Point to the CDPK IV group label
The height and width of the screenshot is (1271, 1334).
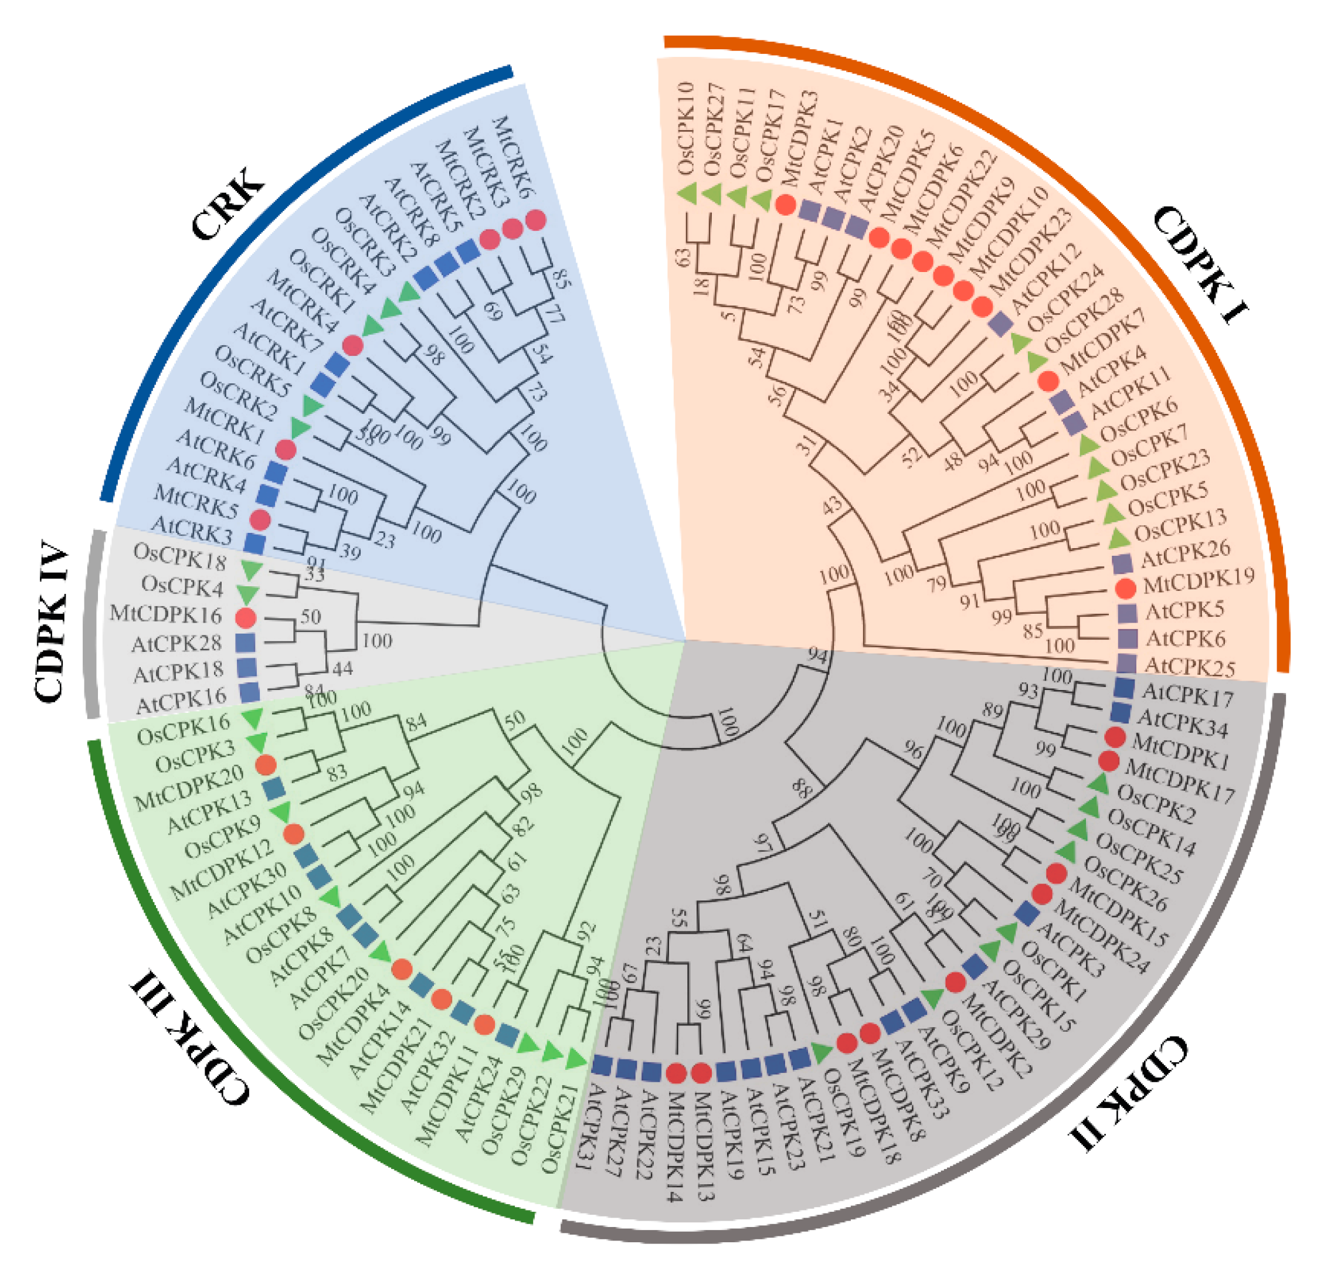coord(51,619)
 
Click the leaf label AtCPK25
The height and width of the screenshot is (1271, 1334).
coord(1189,667)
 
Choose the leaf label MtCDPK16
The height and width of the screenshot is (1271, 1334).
coord(166,615)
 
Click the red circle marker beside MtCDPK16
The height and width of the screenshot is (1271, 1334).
coord(245,618)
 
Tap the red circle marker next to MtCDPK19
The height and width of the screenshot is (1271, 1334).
coord(1125,588)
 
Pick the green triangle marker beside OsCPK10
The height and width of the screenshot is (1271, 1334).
coord(688,193)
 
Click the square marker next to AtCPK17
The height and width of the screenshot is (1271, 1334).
coord(1124,688)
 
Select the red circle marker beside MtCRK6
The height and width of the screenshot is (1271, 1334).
coord(535,220)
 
